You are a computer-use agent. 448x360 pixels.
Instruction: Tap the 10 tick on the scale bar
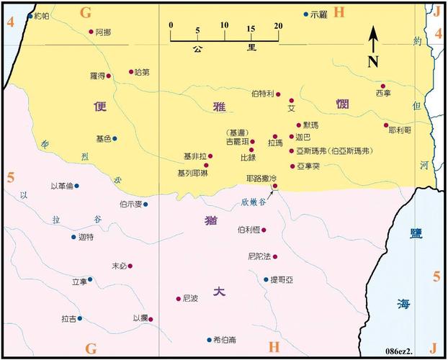coord(225,27)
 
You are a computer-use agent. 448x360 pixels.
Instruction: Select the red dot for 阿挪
coord(91,32)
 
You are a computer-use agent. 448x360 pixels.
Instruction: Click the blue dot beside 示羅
coord(305,14)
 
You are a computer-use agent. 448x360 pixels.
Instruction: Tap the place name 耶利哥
coord(399,130)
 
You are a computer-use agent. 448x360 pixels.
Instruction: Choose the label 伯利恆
coord(248,230)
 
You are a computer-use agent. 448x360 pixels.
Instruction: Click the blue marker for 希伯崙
coord(208,340)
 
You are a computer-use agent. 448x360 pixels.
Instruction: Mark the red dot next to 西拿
coord(383,86)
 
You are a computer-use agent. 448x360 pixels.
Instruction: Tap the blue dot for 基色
coord(115,138)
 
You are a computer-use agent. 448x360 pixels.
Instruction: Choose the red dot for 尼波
coord(178,299)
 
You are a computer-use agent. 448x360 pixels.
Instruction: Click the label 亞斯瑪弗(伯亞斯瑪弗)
coord(333,152)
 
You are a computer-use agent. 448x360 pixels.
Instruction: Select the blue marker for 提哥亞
coord(266,279)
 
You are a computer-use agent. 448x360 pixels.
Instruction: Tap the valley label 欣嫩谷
coord(254,202)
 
